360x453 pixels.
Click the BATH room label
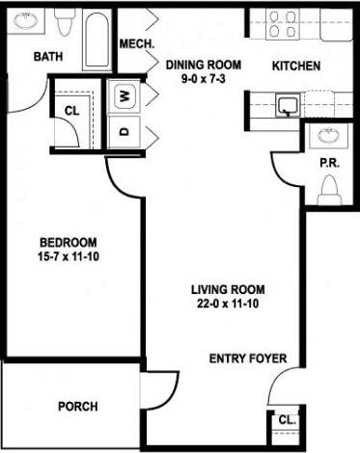[x=49, y=58]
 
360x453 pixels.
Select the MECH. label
[x=132, y=45]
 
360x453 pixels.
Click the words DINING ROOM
[x=202, y=66]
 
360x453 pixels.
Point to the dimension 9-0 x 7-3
[x=202, y=80]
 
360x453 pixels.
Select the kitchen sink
[x=287, y=104]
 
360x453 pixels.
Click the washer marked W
[x=125, y=96]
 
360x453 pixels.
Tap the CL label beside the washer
[x=71, y=111]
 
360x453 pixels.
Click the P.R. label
[x=328, y=164]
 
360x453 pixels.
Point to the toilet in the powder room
[x=330, y=192]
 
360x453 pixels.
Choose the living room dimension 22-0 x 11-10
[x=227, y=305]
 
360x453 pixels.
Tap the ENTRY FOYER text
[x=248, y=360]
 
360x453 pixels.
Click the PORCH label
[x=77, y=407]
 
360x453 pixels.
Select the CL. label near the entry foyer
[x=287, y=420]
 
